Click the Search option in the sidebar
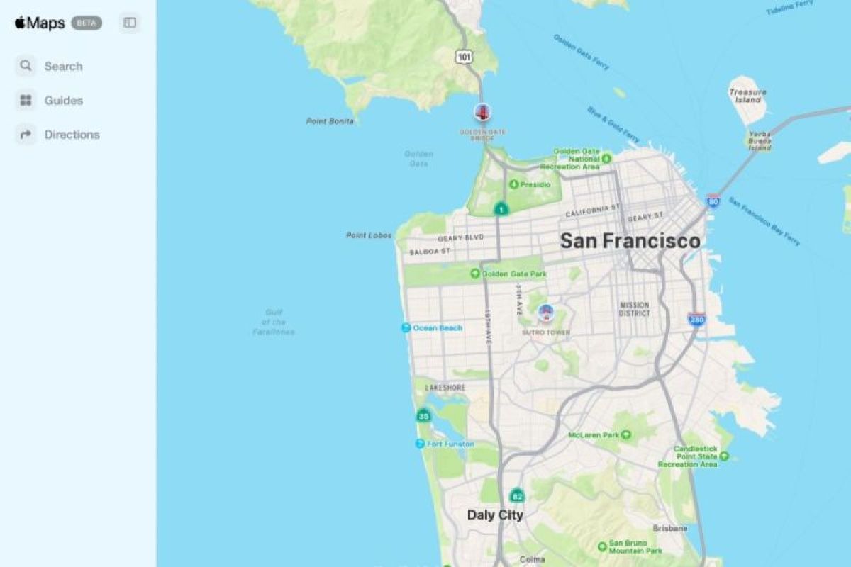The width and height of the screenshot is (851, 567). [x=62, y=67]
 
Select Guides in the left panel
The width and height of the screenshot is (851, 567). [x=63, y=101]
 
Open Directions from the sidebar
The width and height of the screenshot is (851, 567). [x=71, y=135]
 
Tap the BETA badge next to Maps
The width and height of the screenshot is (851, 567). [x=87, y=23]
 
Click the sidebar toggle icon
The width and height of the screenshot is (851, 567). [x=130, y=23]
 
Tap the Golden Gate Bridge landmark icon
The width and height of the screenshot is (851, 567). [x=482, y=112]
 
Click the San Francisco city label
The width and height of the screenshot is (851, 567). [x=630, y=241]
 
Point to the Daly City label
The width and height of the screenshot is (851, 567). [x=495, y=515]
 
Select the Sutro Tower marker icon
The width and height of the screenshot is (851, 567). [x=545, y=313]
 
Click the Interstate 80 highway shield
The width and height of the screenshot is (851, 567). [x=713, y=201]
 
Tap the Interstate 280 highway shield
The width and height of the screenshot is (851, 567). [x=696, y=320]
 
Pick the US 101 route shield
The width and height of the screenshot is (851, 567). [x=464, y=56]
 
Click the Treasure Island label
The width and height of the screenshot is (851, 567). [x=747, y=96]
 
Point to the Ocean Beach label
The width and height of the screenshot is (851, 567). [x=437, y=328]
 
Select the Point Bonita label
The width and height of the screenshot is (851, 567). [x=330, y=121]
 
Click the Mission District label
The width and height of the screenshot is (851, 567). [x=634, y=309]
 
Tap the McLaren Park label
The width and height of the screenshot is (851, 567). [x=594, y=435]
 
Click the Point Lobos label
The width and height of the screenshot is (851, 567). [x=369, y=235]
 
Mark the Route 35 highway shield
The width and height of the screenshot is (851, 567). [x=423, y=416]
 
